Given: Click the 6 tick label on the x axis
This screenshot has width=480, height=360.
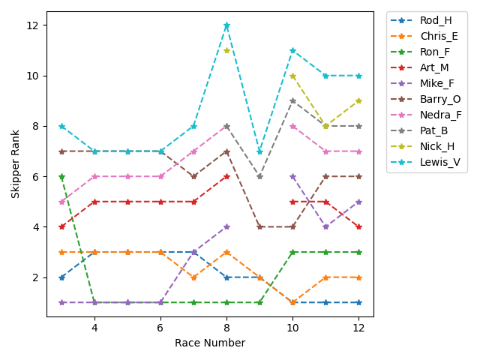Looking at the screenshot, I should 160,328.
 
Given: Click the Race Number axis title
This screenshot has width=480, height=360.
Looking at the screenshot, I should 210,343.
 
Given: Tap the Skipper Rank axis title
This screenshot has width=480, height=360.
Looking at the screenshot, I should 16,163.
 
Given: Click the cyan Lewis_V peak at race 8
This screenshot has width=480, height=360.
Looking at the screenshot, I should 226,25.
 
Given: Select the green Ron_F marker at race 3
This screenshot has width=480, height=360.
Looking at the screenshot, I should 61,177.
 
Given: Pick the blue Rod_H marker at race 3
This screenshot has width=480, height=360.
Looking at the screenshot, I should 61,277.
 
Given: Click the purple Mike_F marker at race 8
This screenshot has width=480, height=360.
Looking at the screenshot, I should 226,226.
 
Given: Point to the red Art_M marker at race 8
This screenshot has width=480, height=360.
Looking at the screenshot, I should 226,176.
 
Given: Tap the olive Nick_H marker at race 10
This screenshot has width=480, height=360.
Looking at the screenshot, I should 292,76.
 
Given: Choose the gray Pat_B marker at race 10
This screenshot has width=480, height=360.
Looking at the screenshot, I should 292,100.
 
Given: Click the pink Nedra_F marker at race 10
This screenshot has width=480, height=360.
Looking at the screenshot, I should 292,126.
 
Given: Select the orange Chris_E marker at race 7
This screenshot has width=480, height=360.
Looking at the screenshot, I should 193,277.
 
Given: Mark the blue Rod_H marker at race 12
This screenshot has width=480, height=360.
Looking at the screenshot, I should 358,302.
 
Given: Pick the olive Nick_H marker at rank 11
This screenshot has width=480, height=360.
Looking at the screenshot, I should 226,50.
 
